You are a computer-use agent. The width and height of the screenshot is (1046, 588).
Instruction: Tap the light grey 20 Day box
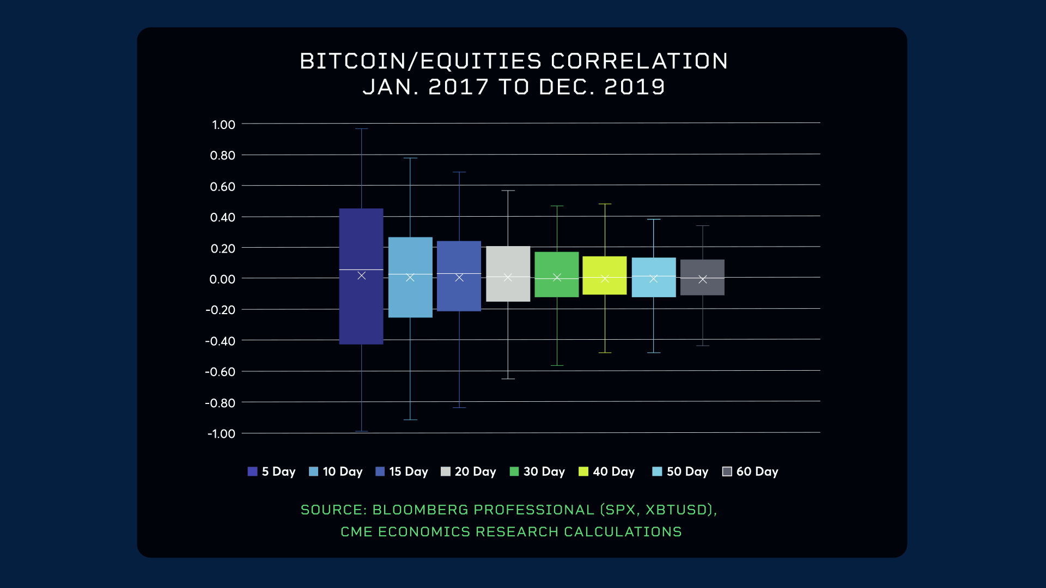point(508,261)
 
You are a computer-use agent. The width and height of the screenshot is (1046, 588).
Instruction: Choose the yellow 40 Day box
point(605,267)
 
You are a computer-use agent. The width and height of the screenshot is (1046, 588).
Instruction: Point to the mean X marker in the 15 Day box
point(459,278)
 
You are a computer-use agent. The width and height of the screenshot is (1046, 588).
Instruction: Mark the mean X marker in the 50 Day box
point(654,279)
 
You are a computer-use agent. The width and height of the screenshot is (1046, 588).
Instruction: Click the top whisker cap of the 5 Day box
point(361,129)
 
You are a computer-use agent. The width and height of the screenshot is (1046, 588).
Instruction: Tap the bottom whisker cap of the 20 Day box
point(508,379)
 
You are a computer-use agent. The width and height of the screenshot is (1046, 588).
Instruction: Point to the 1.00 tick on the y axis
point(223,125)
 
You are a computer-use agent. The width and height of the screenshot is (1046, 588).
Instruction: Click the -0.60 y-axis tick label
point(220,372)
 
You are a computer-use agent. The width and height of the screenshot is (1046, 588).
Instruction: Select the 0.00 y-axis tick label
point(222,279)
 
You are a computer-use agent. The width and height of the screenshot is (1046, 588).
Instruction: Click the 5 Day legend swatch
point(252,471)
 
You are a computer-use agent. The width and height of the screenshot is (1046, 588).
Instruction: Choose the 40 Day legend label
point(613,471)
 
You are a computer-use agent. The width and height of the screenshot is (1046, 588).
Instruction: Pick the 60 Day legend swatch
point(727,471)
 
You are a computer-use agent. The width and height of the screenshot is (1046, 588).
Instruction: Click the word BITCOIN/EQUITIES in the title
point(421,61)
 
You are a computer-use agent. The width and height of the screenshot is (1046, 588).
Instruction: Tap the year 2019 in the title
point(635,87)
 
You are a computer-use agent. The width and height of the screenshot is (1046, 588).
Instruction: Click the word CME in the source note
point(356,532)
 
